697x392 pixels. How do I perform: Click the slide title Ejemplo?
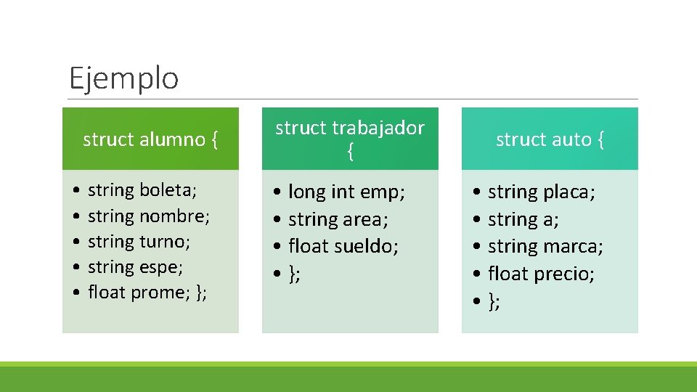(123, 78)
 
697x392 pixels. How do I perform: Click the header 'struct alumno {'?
(150, 139)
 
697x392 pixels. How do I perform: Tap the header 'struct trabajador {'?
(350, 139)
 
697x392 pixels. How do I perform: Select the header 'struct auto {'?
(550, 139)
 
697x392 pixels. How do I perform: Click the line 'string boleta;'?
(142, 190)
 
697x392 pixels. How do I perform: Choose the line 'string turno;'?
(139, 241)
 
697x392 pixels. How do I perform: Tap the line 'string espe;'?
(135, 266)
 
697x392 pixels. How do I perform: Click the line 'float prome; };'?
(147, 292)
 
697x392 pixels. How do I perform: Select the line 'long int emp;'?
(346, 192)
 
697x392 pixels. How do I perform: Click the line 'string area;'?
(338, 219)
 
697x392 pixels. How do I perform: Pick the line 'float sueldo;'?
(343, 246)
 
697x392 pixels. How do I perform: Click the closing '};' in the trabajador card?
(295, 274)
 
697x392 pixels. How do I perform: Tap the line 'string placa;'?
(542, 192)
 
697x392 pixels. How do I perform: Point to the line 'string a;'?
(523, 219)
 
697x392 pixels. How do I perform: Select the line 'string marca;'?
(545, 246)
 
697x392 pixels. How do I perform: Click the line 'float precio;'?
(541, 274)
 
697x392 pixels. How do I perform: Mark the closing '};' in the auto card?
(494, 301)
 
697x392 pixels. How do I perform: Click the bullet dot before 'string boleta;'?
(76, 191)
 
